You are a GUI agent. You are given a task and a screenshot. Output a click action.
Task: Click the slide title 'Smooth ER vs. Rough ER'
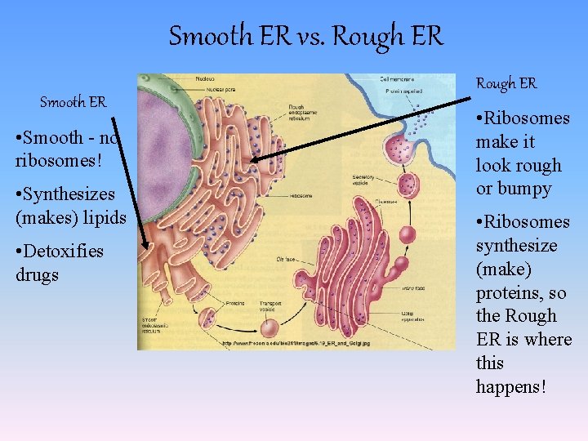[x=305, y=36]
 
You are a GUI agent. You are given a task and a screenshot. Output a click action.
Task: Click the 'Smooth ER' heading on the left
[x=73, y=102]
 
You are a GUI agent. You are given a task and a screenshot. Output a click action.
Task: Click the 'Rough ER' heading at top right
[x=506, y=83]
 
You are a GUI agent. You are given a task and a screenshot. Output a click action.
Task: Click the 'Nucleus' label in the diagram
[x=206, y=78]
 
